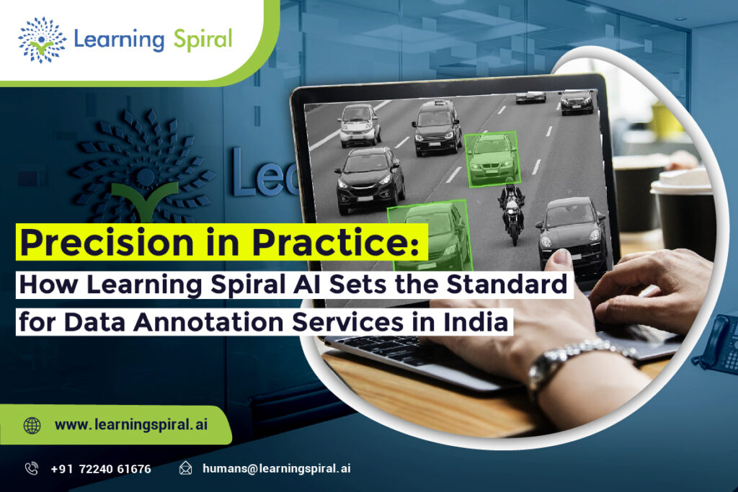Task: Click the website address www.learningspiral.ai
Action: point(131,425)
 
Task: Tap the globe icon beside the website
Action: point(32,425)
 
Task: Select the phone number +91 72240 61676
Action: point(101,469)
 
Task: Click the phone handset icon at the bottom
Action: point(32,469)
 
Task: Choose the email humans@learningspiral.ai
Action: point(277,469)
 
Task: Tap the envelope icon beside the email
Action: point(186,469)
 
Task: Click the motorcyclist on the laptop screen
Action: point(512,210)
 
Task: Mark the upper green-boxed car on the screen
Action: point(492,158)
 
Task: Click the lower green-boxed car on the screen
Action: point(430,233)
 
